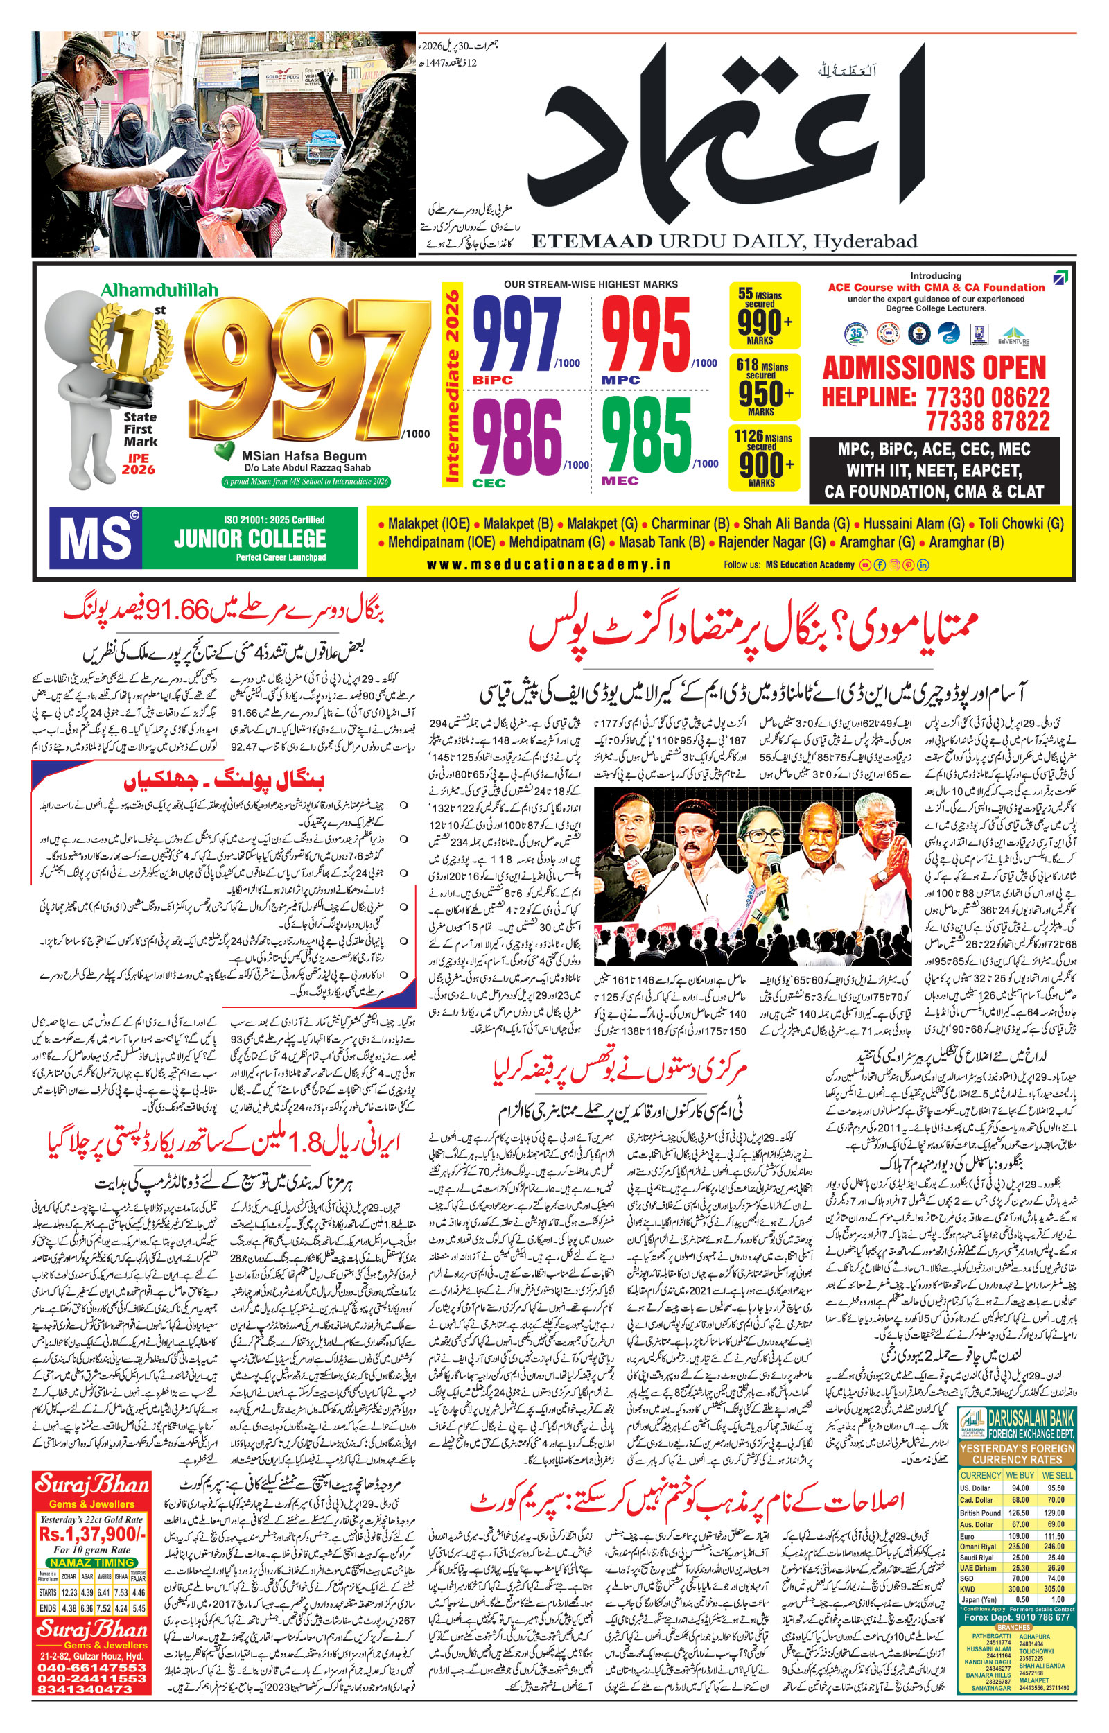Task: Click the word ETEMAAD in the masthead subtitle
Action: [592, 241]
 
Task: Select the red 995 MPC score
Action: [646, 335]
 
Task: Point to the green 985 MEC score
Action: [646, 435]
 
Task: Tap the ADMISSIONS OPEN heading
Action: [934, 368]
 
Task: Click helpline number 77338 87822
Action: [987, 421]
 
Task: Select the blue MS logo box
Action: [95, 538]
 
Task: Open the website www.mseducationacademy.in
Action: [548, 564]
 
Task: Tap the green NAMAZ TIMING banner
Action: [92, 1563]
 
